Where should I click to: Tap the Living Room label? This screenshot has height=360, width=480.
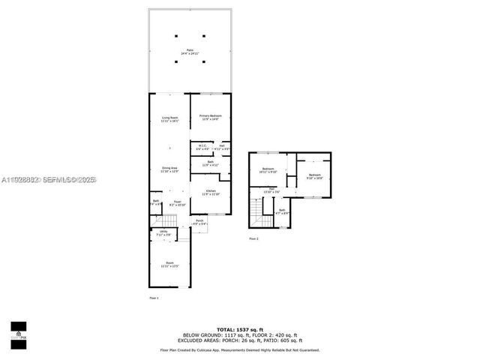click(x=169, y=119)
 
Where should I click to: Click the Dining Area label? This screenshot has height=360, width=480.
click(x=169, y=169)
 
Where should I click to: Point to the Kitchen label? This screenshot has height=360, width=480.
click(x=211, y=193)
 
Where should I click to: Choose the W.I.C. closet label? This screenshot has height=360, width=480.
click(x=202, y=147)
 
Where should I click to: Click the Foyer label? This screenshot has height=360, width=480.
click(x=178, y=202)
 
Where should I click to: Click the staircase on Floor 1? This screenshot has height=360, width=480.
click(x=169, y=221)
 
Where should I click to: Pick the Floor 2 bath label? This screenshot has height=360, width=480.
click(x=282, y=212)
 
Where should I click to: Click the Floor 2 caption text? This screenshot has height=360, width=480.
click(x=253, y=238)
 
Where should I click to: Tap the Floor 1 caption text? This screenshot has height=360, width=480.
click(x=154, y=298)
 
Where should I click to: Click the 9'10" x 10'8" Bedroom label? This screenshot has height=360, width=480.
click(x=314, y=176)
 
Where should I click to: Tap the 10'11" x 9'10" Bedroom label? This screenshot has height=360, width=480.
click(x=268, y=170)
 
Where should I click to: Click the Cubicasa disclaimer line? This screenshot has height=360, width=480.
click(x=239, y=349)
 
